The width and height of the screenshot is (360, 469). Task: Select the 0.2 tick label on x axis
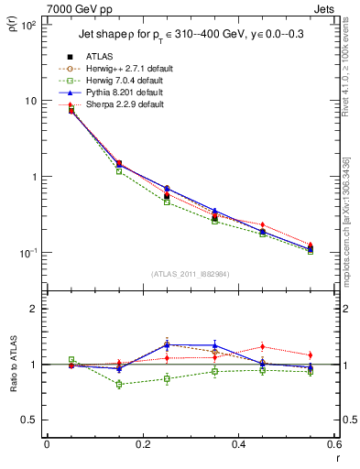(142, 446)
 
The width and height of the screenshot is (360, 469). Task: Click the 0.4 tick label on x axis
(238, 446)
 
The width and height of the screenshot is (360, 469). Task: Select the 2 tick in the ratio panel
(35, 309)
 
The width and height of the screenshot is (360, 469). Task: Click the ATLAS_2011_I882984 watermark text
(190, 274)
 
